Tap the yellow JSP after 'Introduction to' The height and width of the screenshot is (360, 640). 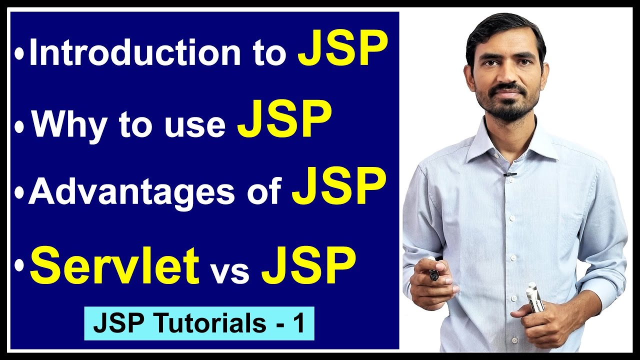pyautogui.click(x=342, y=50)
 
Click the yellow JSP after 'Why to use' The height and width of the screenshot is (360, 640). pyautogui.click(x=284, y=120)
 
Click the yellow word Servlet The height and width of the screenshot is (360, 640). pyautogui.click(x=114, y=266)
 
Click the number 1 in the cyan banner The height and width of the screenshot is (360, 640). pyautogui.click(x=298, y=324)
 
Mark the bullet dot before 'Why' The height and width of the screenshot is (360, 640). pyautogui.click(x=19, y=127)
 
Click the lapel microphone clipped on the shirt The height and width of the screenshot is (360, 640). pyautogui.click(x=509, y=174)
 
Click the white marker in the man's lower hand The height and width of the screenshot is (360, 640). pyautogui.click(x=533, y=298)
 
